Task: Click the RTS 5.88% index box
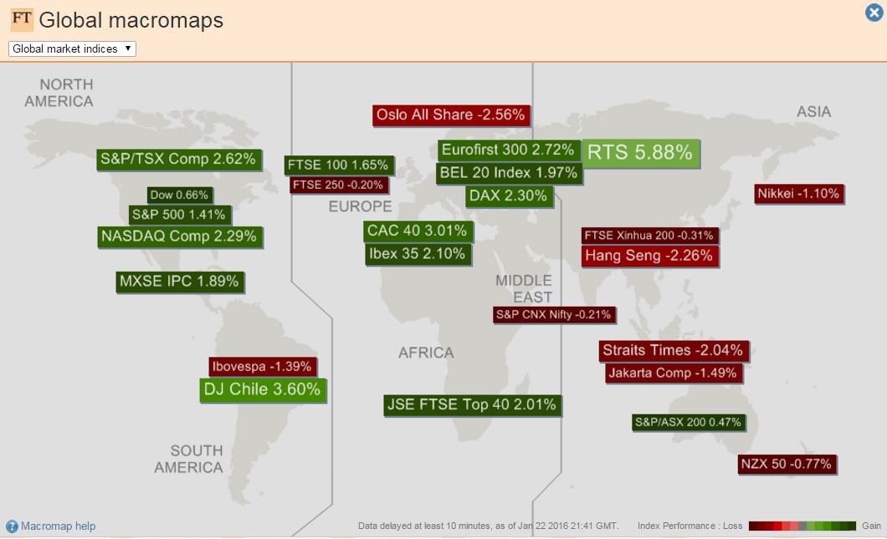coord(640,152)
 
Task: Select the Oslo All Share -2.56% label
coord(450,114)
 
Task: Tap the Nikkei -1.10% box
coord(797,194)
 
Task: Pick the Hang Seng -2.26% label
coord(649,256)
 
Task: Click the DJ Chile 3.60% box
coord(262,389)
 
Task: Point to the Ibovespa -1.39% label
coord(262,366)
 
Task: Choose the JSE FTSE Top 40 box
coord(471,405)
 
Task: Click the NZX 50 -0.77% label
coord(787,464)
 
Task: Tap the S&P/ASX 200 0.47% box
coord(688,422)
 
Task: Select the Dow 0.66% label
coord(178,195)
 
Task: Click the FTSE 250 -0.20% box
coord(338,185)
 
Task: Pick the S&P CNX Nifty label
coord(554,315)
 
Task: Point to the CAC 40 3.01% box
coord(417,230)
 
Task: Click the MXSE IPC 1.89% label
coord(179,282)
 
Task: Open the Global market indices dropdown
coord(72,49)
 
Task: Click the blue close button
coord(873,13)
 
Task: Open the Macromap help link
coord(58,526)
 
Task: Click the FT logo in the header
coord(22,18)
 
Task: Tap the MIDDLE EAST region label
coord(524,288)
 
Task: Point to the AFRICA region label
coord(426,353)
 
